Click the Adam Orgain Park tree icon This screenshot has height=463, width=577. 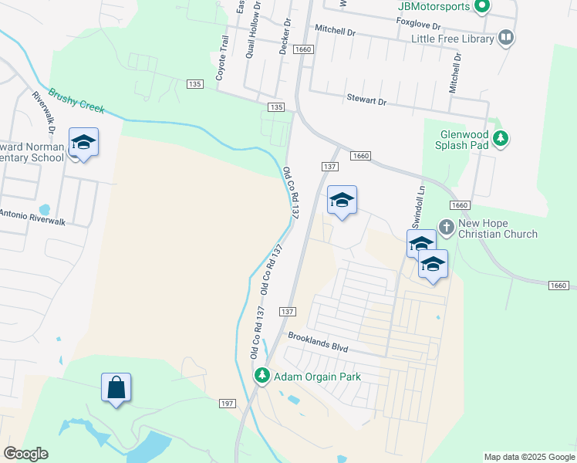[x=262, y=376]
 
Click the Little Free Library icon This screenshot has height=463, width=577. [x=506, y=37]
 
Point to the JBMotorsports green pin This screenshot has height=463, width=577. [x=482, y=7]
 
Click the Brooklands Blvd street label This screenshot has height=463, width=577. [x=318, y=343]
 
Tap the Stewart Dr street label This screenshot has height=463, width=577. [x=366, y=101]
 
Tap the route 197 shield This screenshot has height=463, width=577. [x=227, y=404]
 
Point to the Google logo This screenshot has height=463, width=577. [x=25, y=454]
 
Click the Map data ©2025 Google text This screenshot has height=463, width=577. [x=529, y=457]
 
